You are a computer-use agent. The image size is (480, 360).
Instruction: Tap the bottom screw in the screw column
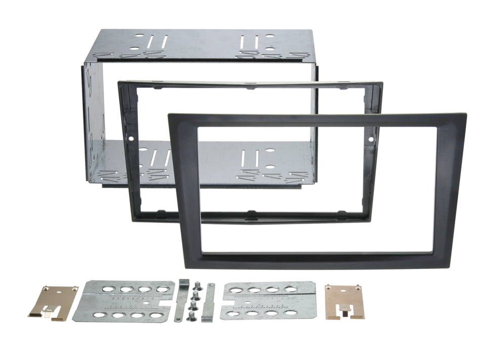(193, 316)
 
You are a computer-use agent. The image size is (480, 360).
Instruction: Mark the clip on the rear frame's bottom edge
(249, 210)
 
